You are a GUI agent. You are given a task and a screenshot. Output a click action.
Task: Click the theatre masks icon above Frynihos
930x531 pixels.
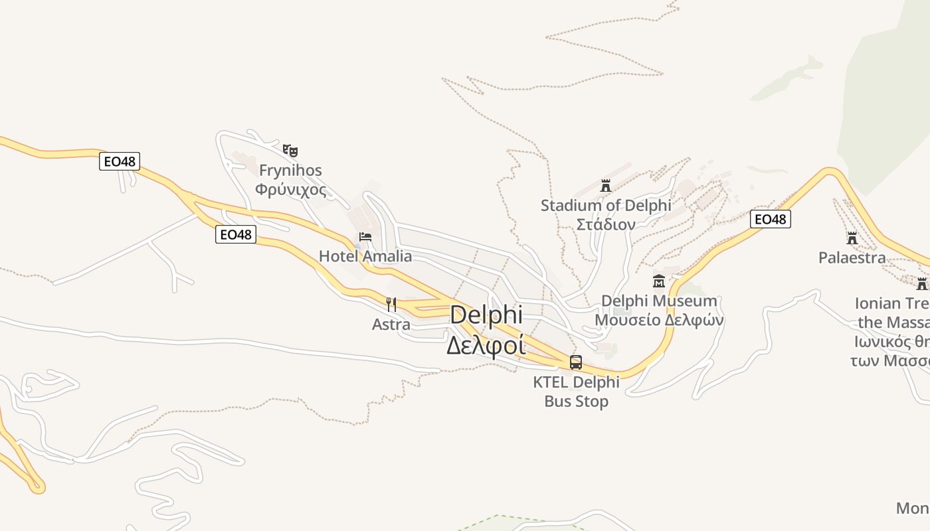290,151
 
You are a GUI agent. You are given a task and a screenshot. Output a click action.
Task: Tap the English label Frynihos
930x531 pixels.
290,171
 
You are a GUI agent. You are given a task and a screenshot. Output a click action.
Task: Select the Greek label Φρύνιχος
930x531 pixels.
290,190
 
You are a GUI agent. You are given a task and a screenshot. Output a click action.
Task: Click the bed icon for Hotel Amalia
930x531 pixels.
365,237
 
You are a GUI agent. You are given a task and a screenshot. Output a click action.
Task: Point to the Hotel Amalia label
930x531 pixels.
365,256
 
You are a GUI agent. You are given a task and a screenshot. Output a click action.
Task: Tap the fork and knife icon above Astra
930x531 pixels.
391,305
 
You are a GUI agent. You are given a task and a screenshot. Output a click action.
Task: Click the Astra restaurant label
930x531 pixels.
391,325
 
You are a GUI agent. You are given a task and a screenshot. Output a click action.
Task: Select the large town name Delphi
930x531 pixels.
486,315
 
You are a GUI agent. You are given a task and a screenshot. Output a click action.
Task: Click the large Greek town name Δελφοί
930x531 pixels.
486,345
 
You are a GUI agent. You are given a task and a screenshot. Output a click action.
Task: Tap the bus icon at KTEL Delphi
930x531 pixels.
576,362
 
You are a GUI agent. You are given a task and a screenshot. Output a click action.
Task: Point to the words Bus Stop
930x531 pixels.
576,402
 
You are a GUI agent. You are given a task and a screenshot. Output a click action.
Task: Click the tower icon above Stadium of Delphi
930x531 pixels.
605,185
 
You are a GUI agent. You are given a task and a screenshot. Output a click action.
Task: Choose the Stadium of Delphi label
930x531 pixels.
606,206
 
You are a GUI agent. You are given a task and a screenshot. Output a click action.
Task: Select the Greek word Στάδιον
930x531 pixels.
606,224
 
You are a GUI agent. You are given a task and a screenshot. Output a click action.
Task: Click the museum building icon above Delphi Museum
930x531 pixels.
658,281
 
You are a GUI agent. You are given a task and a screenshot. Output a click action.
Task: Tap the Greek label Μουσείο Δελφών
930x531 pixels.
659,320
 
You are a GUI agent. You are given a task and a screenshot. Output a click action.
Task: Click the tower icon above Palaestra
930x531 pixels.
852,238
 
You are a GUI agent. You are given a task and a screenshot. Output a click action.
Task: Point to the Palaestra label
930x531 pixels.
852,258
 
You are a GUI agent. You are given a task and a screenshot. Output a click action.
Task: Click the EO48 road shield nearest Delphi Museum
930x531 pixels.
771,219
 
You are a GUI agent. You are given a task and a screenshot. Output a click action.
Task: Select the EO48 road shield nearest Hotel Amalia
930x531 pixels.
236,234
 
